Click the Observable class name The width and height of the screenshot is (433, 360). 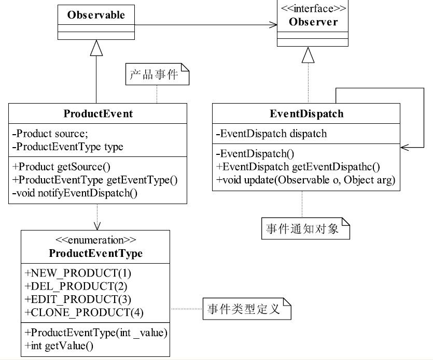(96, 15)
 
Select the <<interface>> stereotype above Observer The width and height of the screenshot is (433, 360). (313, 9)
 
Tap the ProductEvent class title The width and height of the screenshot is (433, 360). (98, 113)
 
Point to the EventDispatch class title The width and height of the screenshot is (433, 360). (306, 113)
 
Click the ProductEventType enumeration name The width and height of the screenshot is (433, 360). (95, 253)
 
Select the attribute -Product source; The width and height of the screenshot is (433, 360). (50, 134)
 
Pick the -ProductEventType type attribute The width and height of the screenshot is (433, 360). (67, 147)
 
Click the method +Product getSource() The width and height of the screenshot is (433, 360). (61, 167)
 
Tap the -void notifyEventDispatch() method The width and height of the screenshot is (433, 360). (75, 193)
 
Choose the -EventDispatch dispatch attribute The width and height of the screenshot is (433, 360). (271, 134)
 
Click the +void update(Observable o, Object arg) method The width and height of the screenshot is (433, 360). (306, 180)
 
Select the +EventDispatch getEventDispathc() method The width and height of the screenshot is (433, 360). (298, 167)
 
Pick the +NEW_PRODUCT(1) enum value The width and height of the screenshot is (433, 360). (78, 273)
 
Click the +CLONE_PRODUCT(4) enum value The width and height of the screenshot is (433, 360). (84, 313)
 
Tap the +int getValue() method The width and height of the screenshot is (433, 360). (59, 345)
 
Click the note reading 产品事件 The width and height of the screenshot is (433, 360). (158, 74)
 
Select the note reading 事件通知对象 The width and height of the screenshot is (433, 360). (306, 228)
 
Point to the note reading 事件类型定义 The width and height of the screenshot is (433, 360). (247, 309)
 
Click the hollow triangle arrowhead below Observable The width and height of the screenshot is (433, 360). (96, 48)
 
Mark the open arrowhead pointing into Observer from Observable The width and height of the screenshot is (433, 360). (273, 25)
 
